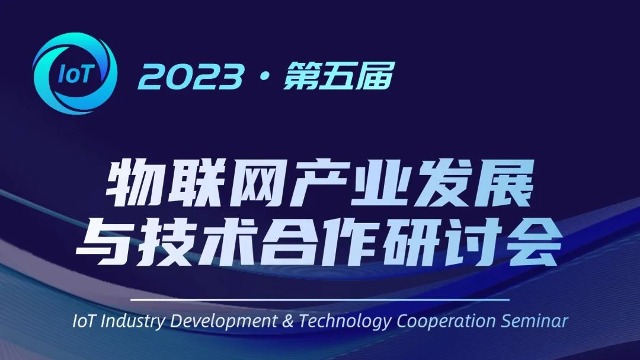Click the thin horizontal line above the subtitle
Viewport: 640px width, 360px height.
pos(320,300)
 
